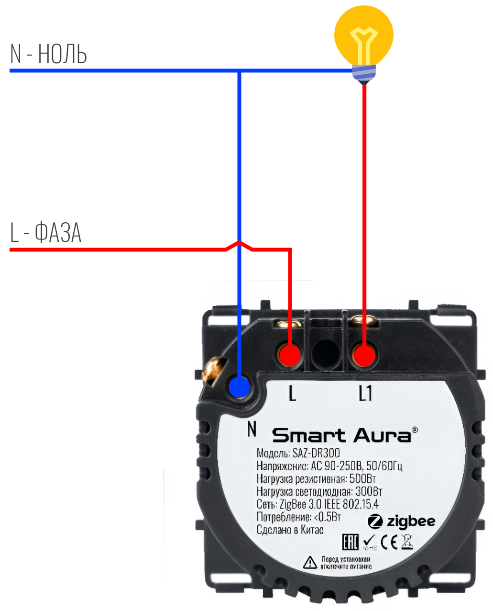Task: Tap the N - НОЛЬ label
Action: pos(48,54)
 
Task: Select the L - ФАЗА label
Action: pos(46,233)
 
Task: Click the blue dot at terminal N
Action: pos(239,385)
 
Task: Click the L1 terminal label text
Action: pos(365,394)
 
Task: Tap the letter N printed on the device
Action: pos(252,429)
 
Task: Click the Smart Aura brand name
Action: pos(341,436)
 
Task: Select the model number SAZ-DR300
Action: pos(316,453)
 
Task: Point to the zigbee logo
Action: pos(402,521)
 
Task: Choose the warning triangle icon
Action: pos(310,562)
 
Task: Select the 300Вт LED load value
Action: pos(369,492)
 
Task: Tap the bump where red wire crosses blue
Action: pos(239,245)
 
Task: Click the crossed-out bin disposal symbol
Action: pos(407,542)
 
